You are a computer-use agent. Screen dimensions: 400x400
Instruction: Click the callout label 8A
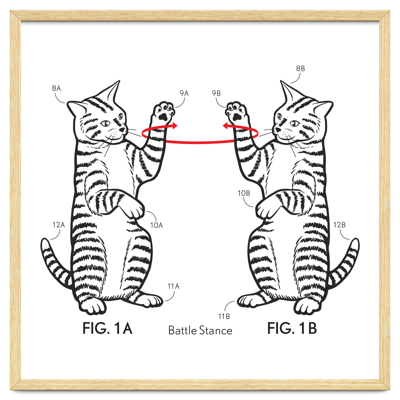pyautogui.click(x=56, y=88)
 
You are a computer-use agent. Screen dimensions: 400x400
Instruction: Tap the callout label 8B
pyautogui.click(x=300, y=68)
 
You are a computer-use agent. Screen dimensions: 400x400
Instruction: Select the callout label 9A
pyautogui.click(x=184, y=93)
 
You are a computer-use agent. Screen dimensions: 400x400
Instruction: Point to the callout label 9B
pyautogui.click(x=216, y=93)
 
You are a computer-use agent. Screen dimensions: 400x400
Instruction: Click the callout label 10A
pyautogui.click(x=157, y=225)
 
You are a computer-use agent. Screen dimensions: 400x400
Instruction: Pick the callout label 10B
pyautogui.click(x=244, y=193)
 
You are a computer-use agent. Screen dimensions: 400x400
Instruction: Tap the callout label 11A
pyautogui.click(x=174, y=286)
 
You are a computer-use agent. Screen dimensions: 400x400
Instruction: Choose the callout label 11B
pyautogui.click(x=224, y=316)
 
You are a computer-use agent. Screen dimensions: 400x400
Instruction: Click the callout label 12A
pyautogui.click(x=59, y=225)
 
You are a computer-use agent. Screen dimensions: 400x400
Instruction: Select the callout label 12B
pyautogui.click(x=339, y=225)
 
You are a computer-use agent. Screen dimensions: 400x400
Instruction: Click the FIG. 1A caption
pyautogui.click(x=107, y=328)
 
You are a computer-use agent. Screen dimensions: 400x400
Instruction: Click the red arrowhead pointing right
pyautogui.click(x=174, y=125)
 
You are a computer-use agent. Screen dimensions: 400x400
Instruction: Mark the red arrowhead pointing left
pyautogui.click(x=226, y=125)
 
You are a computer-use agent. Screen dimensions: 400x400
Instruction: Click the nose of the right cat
pyautogui.click(x=277, y=130)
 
